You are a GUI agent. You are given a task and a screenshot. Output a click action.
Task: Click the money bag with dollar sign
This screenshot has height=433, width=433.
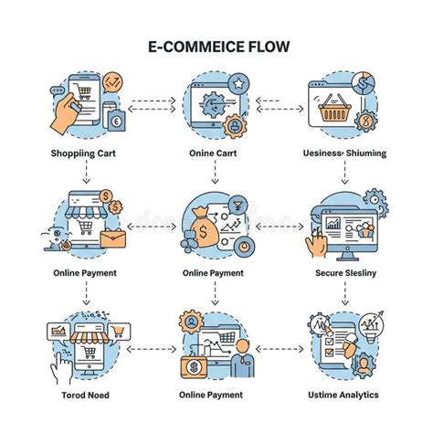(204, 227)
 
